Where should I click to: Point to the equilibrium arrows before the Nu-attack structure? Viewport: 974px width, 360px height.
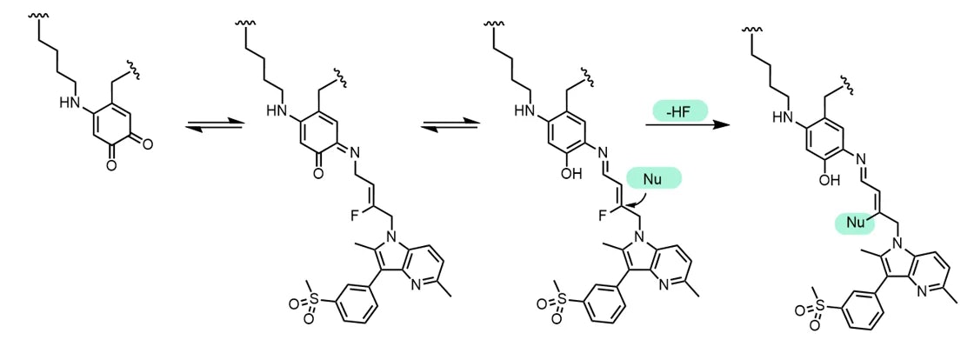click(450, 126)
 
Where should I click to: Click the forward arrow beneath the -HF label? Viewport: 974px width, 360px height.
click(687, 125)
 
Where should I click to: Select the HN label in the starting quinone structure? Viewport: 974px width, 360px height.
click(70, 103)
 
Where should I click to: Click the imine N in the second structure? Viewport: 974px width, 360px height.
click(350, 150)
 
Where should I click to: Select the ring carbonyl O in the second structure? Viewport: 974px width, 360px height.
click(318, 175)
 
